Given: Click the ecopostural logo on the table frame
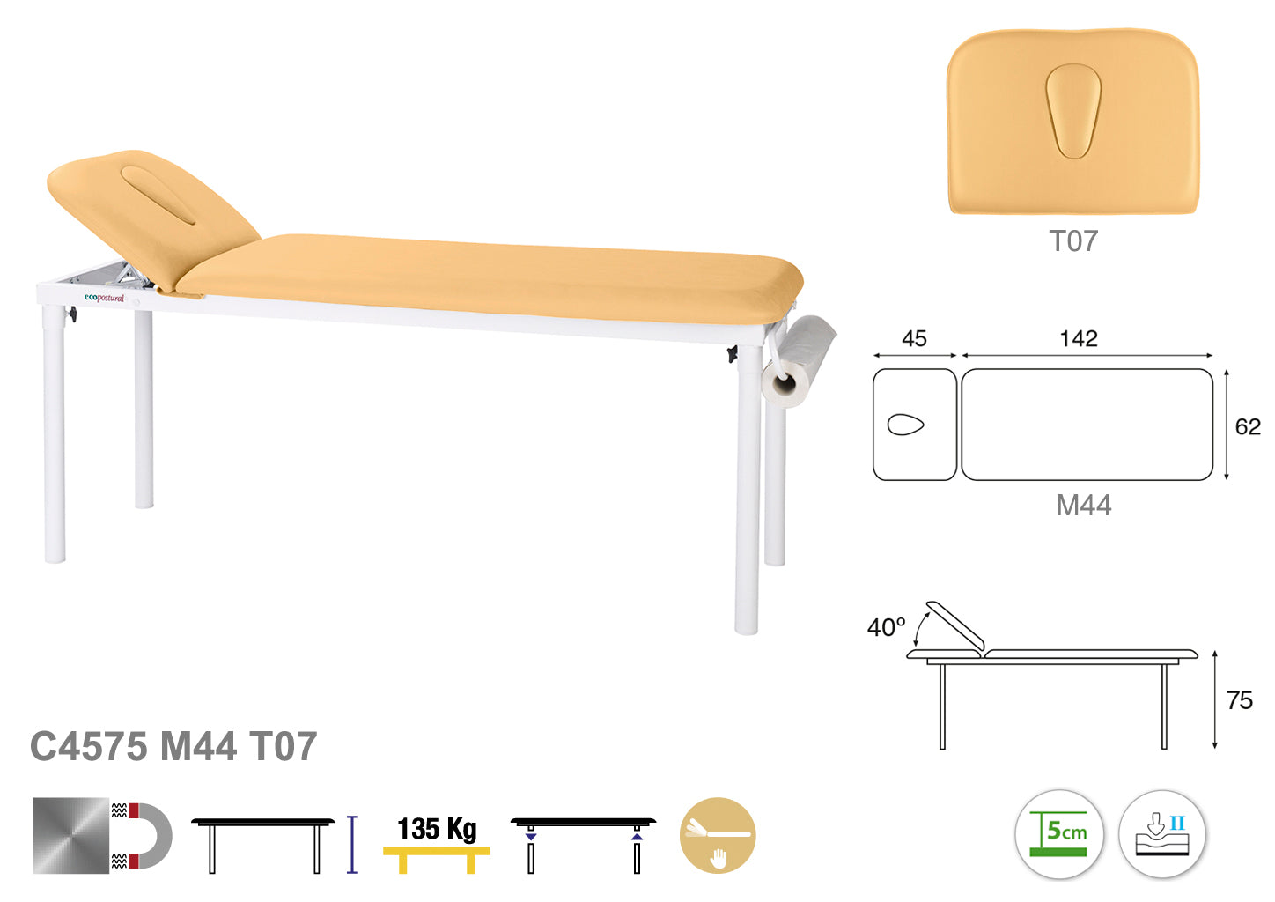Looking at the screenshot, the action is [x=104, y=298].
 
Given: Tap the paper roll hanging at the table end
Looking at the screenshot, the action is [x=798, y=363].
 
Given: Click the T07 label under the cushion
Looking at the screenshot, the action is [x=1073, y=241].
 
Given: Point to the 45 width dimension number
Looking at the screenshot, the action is [x=914, y=339].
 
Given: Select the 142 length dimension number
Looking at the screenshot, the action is [x=1079, y=339].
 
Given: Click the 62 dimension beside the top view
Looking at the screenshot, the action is [x=1248, y=426].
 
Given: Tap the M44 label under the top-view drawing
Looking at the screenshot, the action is [x=1083, y=505].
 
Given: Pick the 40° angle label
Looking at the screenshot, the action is [x=886, y=627].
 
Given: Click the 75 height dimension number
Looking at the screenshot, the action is [x=1239, y=700].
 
